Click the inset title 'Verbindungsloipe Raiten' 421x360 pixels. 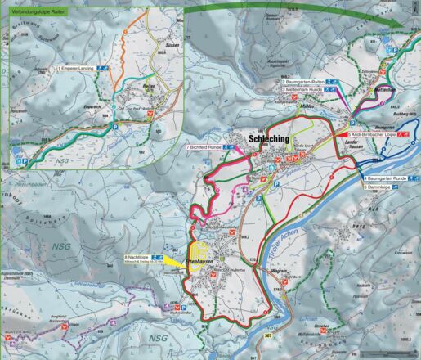(x=38, y=12)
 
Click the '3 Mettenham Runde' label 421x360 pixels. (x=304, y=91)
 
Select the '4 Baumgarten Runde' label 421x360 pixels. (x=384, y=178)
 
